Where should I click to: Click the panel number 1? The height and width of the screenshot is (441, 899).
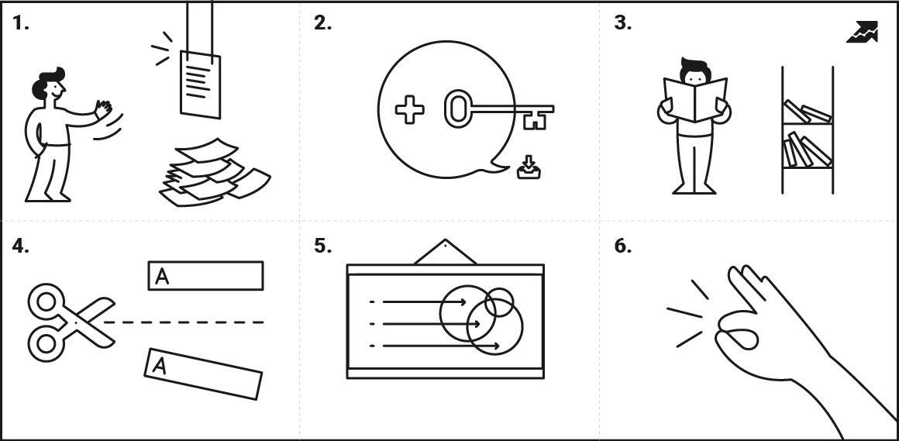(x=20, y=24)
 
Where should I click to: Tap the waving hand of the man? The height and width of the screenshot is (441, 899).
(x=103, y=109)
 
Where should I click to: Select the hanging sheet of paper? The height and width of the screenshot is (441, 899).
(x=201, y=84)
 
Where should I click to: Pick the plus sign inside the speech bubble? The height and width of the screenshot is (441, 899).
(x=410, y=110)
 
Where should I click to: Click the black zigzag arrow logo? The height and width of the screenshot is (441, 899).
(x=862, y=32)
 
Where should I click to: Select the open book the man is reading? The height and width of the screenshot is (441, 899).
(x=695, y=98)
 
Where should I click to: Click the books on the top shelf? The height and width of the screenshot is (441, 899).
(x=808, y=112)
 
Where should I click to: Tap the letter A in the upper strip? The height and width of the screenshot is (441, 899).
(x=162, y=277)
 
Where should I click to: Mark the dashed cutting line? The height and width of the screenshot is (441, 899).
(x=184, y=322)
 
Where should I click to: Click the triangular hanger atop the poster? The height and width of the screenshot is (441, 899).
(x=445, y=253)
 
